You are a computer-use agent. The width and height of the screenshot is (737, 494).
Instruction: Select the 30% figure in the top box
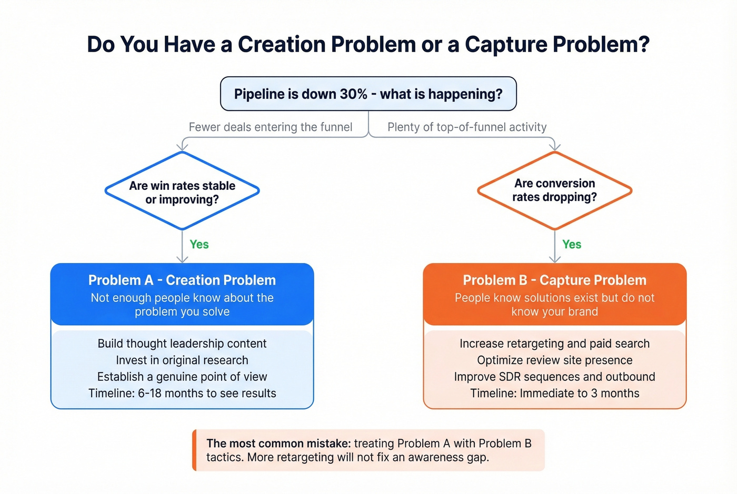[353, 94]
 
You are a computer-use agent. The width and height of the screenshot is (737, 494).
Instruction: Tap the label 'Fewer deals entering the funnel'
[271, 127]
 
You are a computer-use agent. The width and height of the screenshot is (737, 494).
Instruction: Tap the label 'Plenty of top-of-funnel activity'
[467, 127]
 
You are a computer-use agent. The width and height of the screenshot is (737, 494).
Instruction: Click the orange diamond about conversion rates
[554, 190]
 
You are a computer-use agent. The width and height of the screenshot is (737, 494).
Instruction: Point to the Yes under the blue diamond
[199, 245]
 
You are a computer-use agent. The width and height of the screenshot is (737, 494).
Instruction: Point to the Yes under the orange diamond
[572, 245]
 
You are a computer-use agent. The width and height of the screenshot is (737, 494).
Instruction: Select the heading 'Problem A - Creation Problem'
[182, 280]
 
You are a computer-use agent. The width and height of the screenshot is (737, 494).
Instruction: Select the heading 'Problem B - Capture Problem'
[554, 280]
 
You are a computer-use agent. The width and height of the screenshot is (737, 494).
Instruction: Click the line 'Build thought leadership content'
[182, 344]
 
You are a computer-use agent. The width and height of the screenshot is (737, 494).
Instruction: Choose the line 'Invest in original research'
[182, 360]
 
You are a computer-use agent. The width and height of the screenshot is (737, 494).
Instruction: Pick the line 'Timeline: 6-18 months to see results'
[182, 394]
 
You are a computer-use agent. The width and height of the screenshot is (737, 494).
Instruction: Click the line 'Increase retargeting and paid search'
[554, 344]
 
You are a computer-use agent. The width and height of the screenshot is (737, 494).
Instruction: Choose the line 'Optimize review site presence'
[554, 360]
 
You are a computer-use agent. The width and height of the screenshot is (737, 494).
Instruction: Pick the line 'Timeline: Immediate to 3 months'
[554, 394]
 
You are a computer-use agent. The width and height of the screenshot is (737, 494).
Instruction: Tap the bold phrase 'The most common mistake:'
[278, 443]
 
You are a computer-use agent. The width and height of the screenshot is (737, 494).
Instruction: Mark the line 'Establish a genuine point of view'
[182, 377]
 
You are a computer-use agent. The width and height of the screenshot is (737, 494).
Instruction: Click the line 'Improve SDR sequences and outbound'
[554, 377]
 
